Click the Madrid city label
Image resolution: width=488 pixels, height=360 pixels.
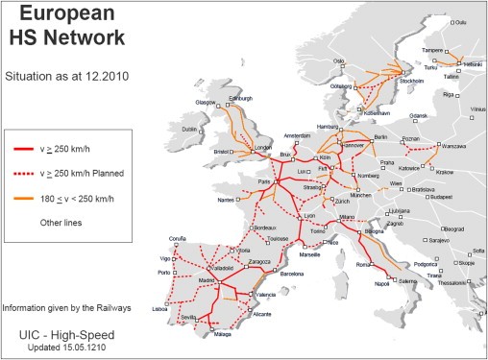[x=206, y=279]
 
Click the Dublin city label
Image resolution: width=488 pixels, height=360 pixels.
[x=188, y=129]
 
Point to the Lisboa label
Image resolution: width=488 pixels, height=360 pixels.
[x=159, y=309]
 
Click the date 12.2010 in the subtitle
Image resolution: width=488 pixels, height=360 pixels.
[x=103, y=74]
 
